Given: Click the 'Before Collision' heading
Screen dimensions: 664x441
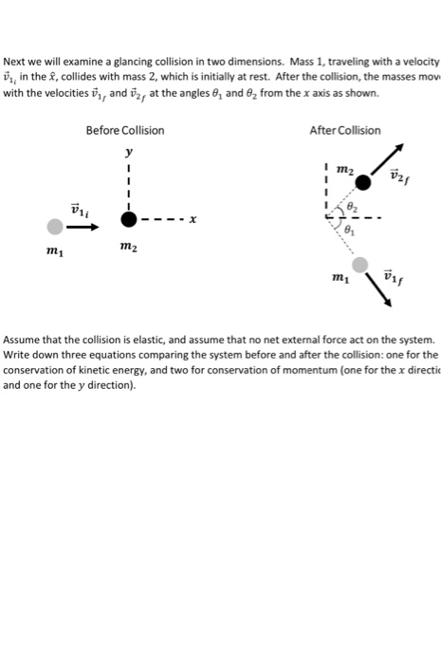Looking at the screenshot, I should click(124, 130).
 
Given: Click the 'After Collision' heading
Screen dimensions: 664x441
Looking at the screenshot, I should click(345, 130).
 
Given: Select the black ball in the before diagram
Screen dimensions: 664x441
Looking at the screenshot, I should click(128, 219).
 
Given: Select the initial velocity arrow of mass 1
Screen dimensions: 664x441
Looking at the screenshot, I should click(83, 226).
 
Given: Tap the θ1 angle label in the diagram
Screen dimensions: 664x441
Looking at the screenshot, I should click(349, 229).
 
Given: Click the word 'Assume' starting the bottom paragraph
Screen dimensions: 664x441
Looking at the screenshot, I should click(26, 339).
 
